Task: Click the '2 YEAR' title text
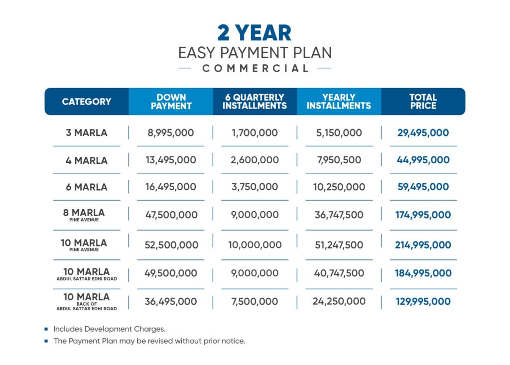pyautogui.click(x=255, y=32)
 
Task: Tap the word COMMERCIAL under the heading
pyautogui.click(x=255, y=68)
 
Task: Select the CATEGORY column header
pyautogui.click(x=87, y=102)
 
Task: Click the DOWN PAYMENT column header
pyautogui.click(x=171, y=102)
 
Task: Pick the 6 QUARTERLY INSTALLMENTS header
pyautogui.click(x=255, y=102)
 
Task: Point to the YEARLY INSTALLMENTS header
pyautogui.click(x=339, y=102)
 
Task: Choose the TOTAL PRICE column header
pyautogui.click(x=423, y=102)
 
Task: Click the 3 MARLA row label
pyautogui.click(x=87, y=133)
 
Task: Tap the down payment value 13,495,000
pyautogui.click(x=171, y=160)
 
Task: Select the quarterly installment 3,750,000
pyautogui.click(x=255, y=187)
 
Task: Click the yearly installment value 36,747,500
pyautogui.click(x=339, y=215)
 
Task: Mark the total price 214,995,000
pyautogui.click(x=423, y=245)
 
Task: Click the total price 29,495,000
pyautogui.click(x=423, y=133)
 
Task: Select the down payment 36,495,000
pyautogui.click(x=171, y=301)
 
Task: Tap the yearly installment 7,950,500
pyautogui.click(x=339, y=160)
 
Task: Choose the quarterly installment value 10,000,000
pyautogui.click(x=255, y=245)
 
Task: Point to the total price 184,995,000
pyautogui.click(x=423, y=273)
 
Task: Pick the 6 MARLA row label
pyautogui.click(x=87, y=187)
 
